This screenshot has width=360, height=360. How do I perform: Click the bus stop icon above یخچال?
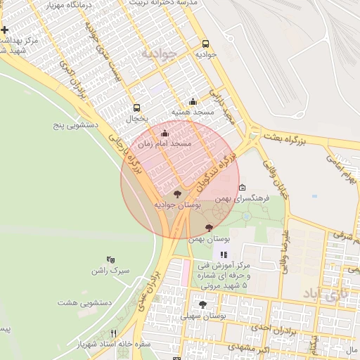[136, 108]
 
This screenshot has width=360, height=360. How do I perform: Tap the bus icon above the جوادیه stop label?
[205, 43]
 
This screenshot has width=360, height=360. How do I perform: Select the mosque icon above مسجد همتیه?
[193, 101]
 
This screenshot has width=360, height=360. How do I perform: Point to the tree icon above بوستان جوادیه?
[176, 193]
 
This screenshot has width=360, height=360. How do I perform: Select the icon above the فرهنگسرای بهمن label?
[243, 188]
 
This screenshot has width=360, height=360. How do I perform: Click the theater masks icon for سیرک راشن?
[110, 259]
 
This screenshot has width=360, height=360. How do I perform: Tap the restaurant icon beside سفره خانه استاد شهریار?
[113, 333]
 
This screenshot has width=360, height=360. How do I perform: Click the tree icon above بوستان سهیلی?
[203, 304]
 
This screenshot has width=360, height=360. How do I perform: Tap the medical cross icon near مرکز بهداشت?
[5, 30]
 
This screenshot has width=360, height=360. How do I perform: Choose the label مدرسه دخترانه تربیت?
[161, 4]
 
